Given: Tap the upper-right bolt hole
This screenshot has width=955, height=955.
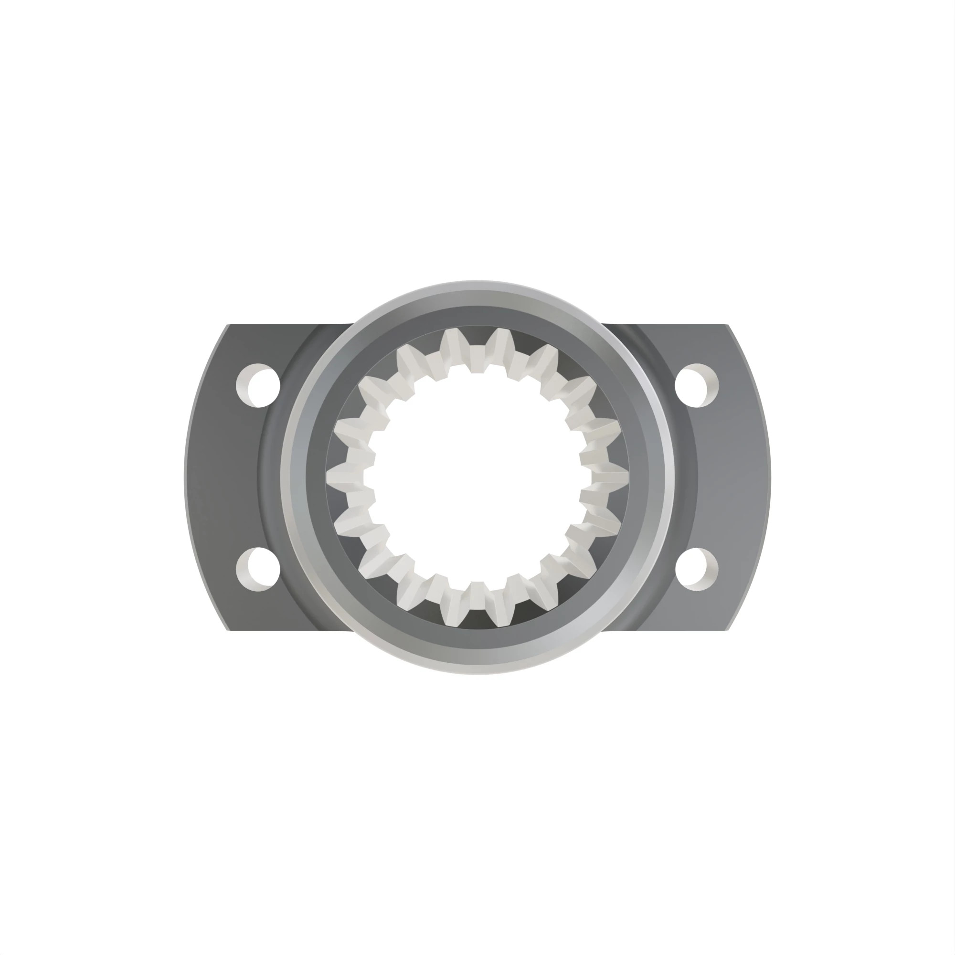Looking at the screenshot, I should (697, 385).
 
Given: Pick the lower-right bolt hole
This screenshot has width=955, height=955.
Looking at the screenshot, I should (697, 569).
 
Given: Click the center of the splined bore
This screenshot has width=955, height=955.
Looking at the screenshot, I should (477, 477).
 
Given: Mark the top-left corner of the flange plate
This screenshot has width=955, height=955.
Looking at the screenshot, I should (228, 325).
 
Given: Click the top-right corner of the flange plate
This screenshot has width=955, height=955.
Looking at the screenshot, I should (728, 325).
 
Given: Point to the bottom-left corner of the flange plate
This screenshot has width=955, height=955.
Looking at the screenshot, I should (228, 630).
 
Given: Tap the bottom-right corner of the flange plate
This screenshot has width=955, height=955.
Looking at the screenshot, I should (728, 630).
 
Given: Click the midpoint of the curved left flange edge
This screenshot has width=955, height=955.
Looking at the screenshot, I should (184, 477).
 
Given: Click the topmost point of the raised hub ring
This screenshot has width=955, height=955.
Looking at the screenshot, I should (477, 281).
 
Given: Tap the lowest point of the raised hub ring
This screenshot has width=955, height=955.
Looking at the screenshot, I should (477, 674).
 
